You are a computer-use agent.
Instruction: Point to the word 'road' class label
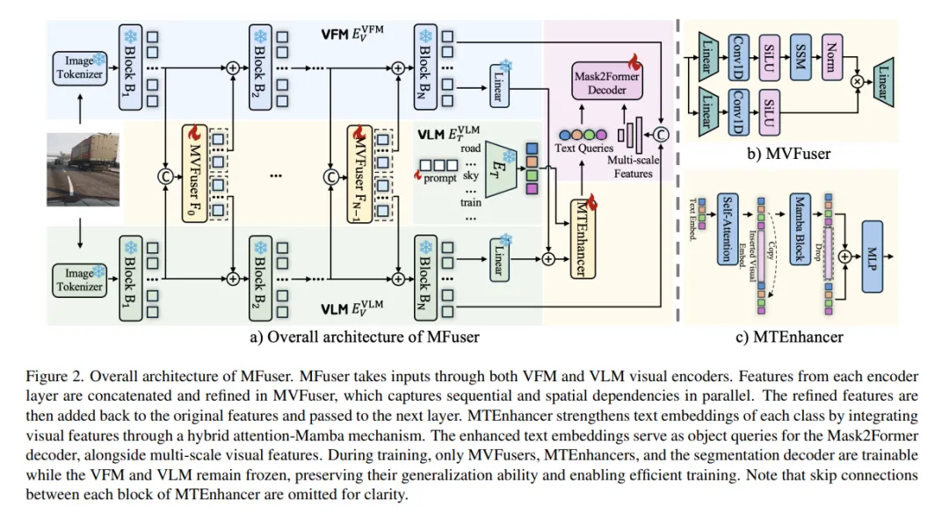coord(470,148)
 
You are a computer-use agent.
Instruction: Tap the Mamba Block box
coord(798,228)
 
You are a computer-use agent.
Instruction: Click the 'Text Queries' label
coord(583,149)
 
